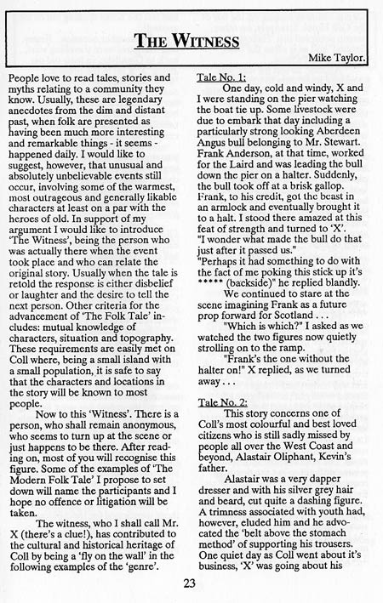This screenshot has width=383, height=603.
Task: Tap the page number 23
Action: pyautogui.click(x=191, y=583)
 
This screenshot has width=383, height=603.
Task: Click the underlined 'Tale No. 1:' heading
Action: pyautogui.click(x=225, y=77)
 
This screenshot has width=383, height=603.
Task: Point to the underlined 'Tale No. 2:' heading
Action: pyautogui.click(x=225, y=399)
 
